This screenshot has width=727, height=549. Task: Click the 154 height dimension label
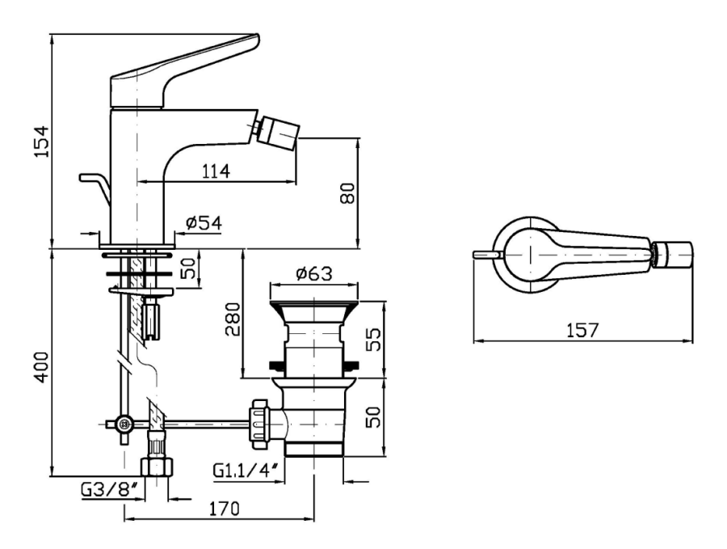[43, 141]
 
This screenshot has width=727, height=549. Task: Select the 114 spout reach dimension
[216, 171]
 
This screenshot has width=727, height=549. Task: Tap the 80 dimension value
[347, 193]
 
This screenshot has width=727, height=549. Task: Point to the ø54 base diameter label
[204, 223]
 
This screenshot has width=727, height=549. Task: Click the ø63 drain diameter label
[314, 274]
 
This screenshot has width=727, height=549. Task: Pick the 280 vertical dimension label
[233, 319]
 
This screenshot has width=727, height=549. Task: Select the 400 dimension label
[43, 367]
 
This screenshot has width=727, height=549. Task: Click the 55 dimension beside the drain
[373, 340]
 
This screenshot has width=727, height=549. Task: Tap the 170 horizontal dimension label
[224, 509]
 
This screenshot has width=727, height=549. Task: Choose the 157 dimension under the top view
[582, 330]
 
